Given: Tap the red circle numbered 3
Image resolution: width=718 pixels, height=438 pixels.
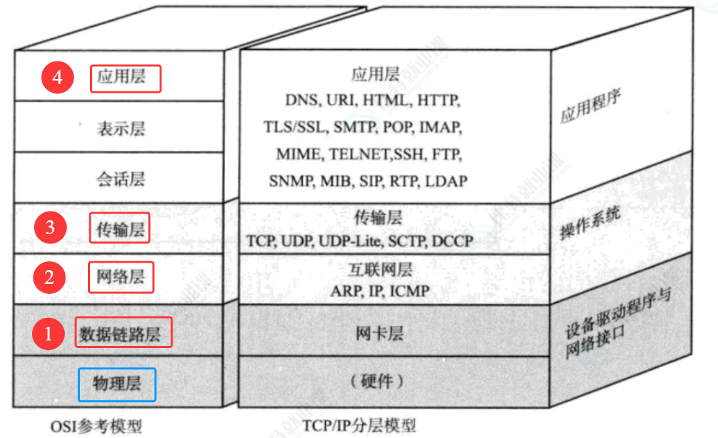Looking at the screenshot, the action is coord(50,227).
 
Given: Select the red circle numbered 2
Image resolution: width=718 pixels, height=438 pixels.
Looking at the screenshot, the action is coord(49,277).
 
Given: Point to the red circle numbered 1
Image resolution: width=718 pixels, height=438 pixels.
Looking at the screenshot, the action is coord(48,334).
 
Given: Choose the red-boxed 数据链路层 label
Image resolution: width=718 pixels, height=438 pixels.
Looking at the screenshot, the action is coord(123,334).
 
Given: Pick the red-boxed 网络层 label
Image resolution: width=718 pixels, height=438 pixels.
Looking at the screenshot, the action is coord(121,278).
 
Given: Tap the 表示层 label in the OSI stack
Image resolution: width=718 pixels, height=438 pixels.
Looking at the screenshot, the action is coord(120,128).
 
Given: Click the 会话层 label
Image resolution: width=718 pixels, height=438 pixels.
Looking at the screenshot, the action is coord(120,179).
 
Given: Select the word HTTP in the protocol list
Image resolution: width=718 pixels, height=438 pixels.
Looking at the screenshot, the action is coord(438,100).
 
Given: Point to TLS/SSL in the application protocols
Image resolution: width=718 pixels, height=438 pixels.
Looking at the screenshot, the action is coord(295,127).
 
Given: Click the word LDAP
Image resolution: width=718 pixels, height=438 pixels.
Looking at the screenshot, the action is coord(445,181).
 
